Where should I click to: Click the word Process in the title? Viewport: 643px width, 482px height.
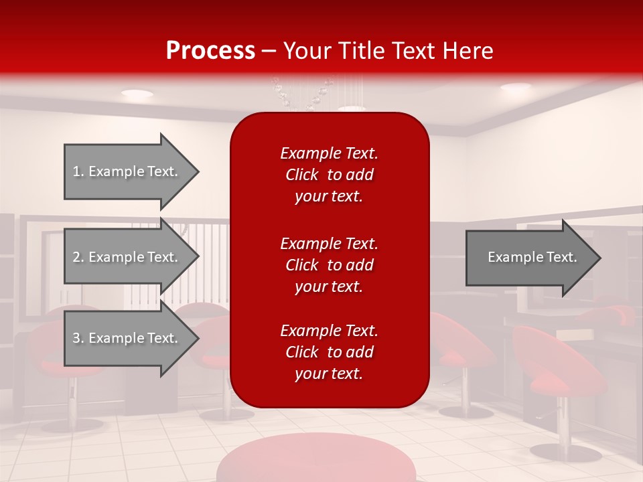click(210, 51)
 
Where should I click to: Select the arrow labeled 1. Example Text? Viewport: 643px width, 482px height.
click(127, 171)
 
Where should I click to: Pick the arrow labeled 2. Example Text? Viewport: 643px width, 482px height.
click(127, 257)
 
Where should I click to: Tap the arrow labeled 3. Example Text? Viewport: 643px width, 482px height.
click(127, 338)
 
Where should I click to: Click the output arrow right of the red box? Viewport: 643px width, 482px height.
click(529, 257)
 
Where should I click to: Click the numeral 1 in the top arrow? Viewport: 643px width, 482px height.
click(76, 171)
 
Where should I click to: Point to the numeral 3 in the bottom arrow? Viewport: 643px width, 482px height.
click(76, 338)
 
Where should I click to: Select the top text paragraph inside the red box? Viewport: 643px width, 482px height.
click(329, 175)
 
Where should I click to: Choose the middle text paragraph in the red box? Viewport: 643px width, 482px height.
click(329, 265)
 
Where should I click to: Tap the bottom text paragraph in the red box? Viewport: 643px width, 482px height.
click(329, 352)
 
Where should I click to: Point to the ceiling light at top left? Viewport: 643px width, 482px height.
click(137, 94)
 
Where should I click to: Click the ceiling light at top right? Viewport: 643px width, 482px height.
click(515, 87)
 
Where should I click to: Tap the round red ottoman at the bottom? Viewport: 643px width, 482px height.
click(315, 459)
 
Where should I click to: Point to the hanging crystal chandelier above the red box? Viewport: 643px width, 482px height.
click(301, 94)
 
